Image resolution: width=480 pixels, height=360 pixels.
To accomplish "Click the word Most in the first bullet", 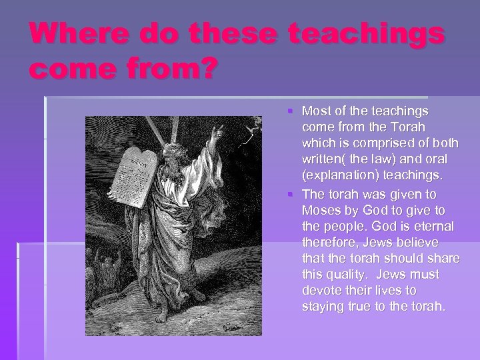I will point(315,109).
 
